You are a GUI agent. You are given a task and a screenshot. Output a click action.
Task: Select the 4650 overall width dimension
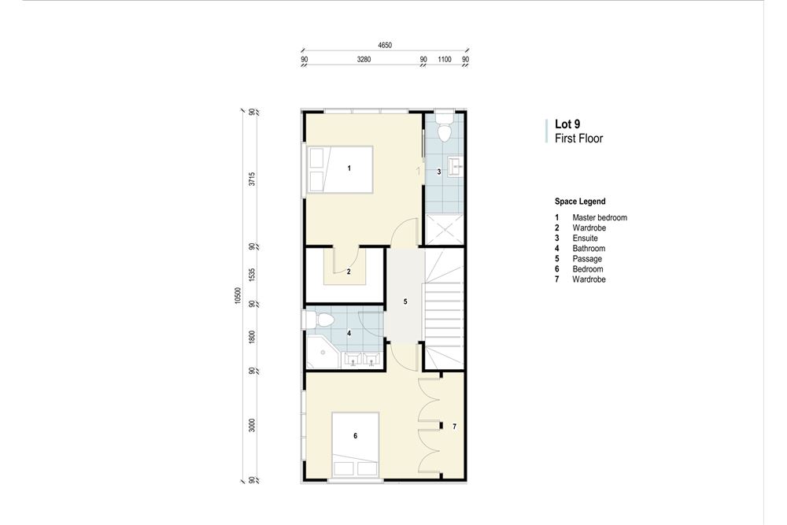[x=385, y=46]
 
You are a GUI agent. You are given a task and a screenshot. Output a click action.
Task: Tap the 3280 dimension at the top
[x=364, y=59]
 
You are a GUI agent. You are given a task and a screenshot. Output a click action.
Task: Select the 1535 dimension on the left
[x=252, y=274]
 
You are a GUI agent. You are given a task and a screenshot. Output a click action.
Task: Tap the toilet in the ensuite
[x=445, y=131]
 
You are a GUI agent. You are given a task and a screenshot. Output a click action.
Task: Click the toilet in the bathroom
[x=320, y=319]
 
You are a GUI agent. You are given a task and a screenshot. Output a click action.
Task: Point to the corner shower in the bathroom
[x=321, y=354]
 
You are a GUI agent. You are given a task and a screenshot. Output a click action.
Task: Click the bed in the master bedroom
[x=340, y=168]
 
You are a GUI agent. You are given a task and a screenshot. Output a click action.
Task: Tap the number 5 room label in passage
[x=405, y=301]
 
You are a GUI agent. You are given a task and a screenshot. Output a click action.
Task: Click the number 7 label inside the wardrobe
[x=453, y=427]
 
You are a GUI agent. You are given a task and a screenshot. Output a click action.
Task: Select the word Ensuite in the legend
[x=585, y=238]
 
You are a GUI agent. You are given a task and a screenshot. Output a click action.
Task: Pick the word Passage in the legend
[x=587, y=259]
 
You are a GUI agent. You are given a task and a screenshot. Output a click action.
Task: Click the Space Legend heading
[x=580, y=201]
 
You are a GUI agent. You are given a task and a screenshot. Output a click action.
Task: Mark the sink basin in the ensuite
[x=456, y=166]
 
